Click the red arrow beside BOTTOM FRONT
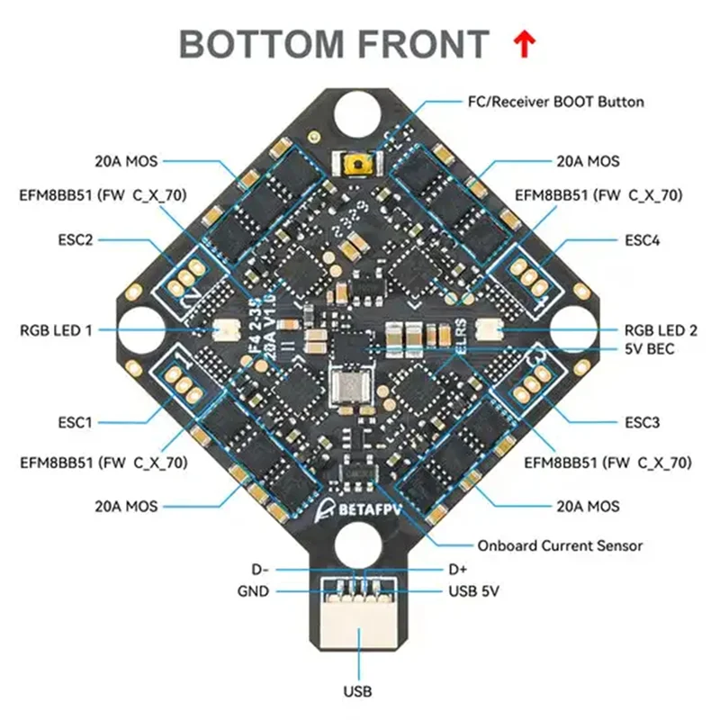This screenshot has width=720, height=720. click(x=524, y=42)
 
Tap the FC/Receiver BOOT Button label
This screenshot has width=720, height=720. click(x=556, y=102)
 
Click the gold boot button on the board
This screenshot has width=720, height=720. click(x=358, y=165)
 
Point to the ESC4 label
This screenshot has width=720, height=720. click(x=642, y=241)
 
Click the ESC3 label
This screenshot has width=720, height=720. click(x=642, y=420)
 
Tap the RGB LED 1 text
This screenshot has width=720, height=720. click(x=56, y=329)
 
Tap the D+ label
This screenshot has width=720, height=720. click(x=458, y=570)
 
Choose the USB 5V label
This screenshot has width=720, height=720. click(x=473, y=591)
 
